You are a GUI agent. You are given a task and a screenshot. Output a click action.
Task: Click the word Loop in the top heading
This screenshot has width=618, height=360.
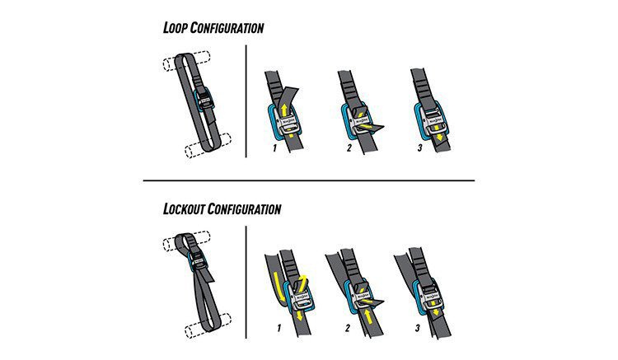coord(178,28)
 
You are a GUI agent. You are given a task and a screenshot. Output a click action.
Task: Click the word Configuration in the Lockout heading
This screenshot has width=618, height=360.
coord(246,208)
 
